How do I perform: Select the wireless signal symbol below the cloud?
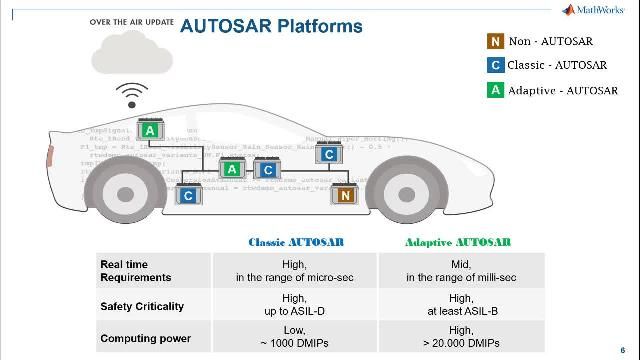[130, 97]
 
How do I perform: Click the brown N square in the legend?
[495, 41]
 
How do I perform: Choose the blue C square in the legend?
[495, 65]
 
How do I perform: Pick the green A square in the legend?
[495, 90]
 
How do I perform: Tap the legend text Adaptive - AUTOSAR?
[562, 90]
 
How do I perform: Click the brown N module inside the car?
[344, 195]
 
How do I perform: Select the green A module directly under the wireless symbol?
[149, 131]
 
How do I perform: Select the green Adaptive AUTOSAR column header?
[458, 242]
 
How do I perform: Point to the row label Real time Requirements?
[135, 270]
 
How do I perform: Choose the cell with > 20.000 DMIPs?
[460, 338]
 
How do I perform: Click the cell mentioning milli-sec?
[460, 270]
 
